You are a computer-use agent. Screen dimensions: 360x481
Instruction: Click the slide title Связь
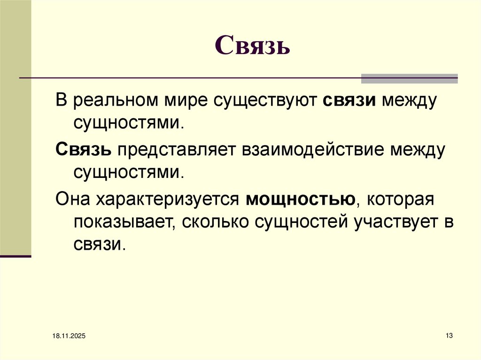point(252,46)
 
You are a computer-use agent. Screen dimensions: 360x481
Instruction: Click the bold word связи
point(349,101)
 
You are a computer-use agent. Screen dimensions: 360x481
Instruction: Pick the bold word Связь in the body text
point(84,150)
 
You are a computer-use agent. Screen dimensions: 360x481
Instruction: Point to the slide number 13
point(449,335)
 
